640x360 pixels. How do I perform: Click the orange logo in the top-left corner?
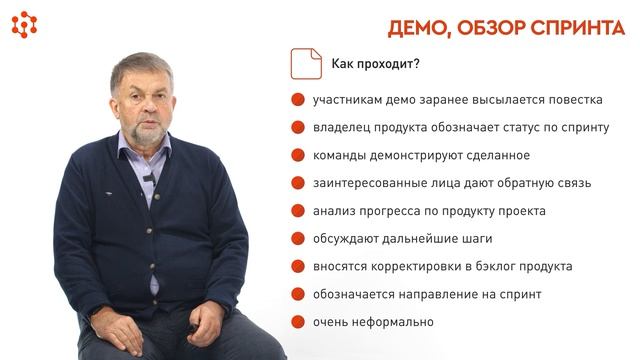tap(24, 24)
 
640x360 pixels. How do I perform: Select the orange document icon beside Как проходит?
tap(305, 64)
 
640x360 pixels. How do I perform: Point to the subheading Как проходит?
tap(375, 66)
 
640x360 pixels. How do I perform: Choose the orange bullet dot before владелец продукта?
tap(297, 128)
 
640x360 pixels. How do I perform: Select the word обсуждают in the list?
tap(344, 239)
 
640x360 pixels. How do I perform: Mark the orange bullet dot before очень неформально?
tap(297, 322)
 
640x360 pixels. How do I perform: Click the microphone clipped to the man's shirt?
tap(148, 177)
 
